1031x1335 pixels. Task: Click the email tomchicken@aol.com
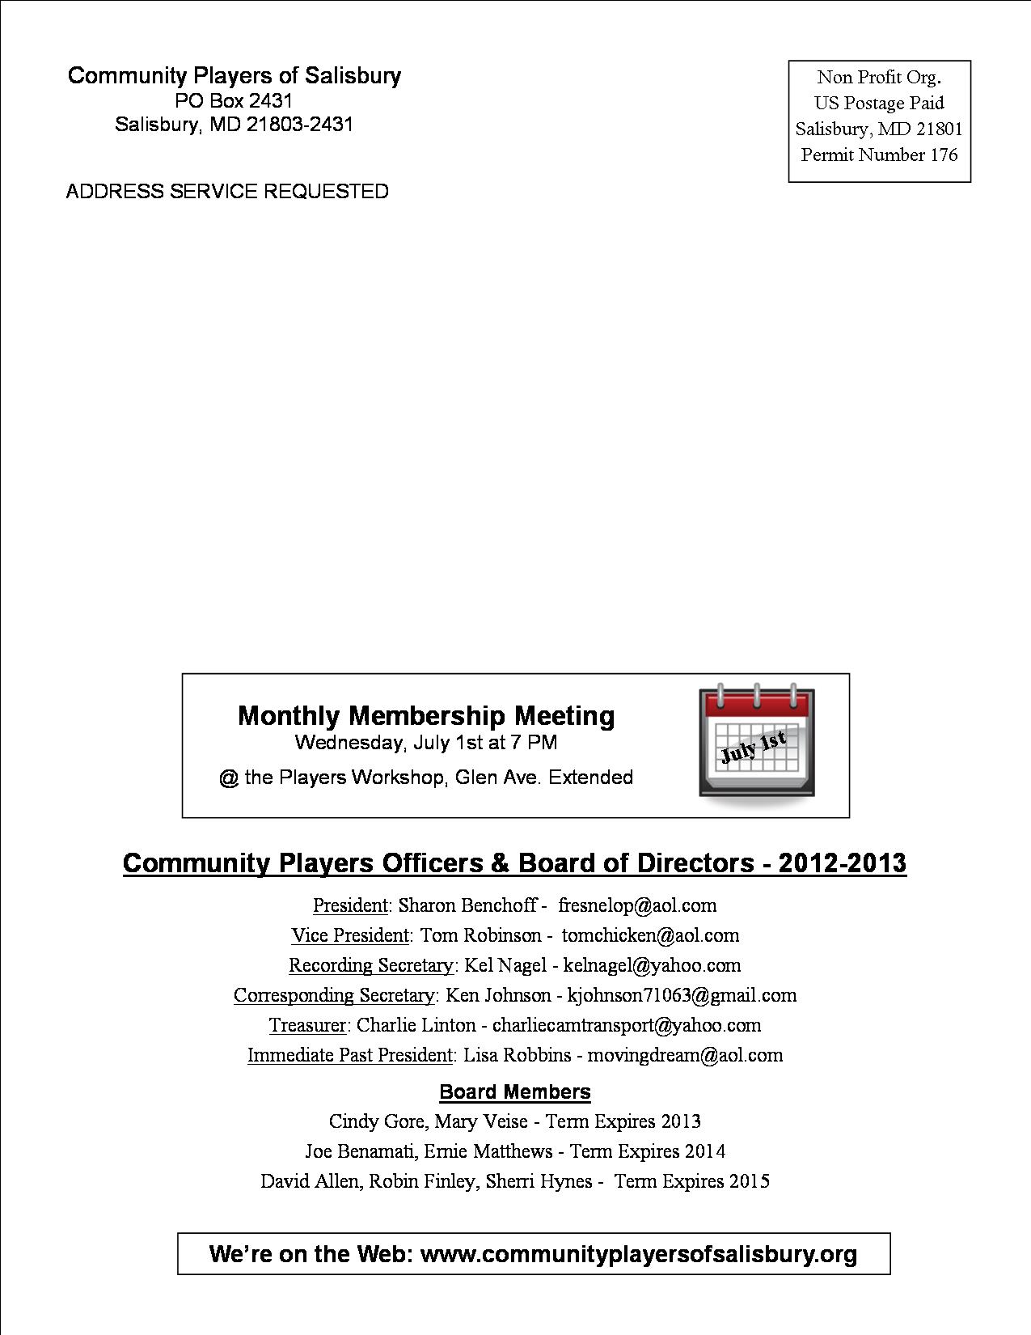(x=650, y=935)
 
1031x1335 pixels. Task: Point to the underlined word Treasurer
(x=307, y=1025)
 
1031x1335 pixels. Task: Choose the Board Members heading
(x=515, y=1092)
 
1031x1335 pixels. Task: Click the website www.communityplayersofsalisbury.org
(x=639, y=1254)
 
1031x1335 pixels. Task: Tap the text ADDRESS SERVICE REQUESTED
(x=227, y=192)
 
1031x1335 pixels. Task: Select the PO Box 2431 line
(x=234, y=101)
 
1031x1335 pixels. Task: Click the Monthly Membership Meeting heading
(x=426, y=716)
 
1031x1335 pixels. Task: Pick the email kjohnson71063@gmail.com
(x=682, y=995)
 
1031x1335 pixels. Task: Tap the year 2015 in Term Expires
(x=749, y=1181)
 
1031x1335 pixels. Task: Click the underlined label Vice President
(x=350, y=935)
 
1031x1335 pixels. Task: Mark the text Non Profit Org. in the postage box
(x=879, y=78)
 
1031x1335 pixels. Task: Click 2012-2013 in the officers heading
(x=842, y=863)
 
